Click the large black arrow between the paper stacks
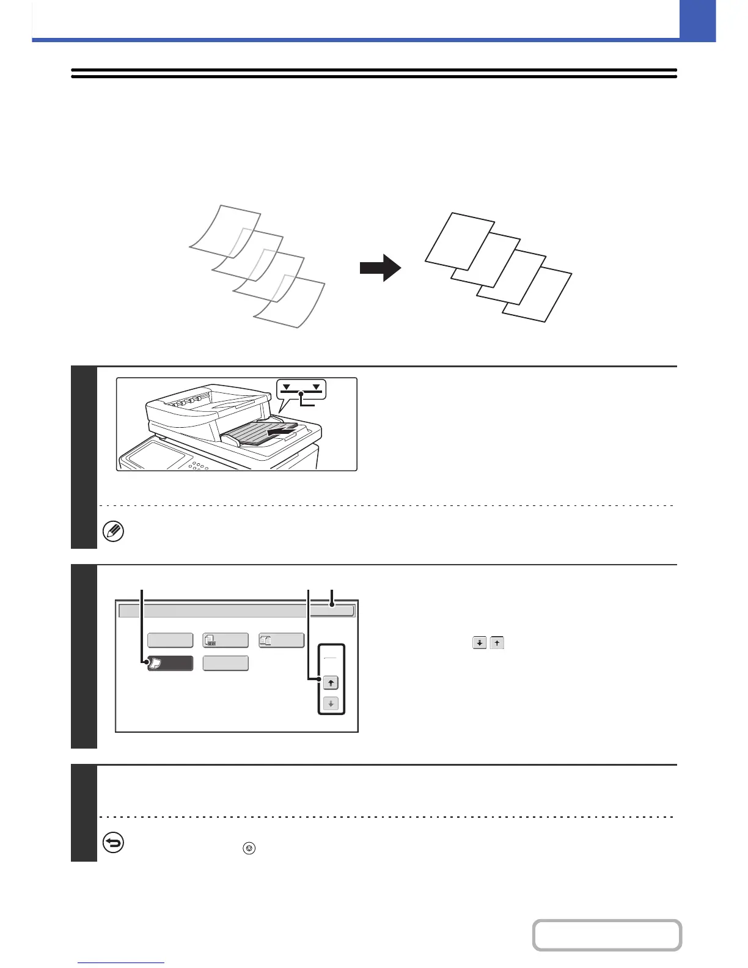pyautogui.click(x=380, y=268)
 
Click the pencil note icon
pyautogui.click(x=113, y=532)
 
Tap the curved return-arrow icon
pyautogui.click(x=113, y=843)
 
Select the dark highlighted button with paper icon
pyautogui.click(x=170, y=664)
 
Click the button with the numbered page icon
pyautogui.click(x=226, y=640)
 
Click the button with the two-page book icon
pyautogui.click(x=281, y=640)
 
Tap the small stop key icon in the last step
pyautogui.click(x=249, y=848)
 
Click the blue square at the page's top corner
pyautogui.click(x=697, y=20)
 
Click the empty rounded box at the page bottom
pyautogui.click(x=607, y=935)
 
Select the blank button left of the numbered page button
pyautogui.click(x=170, y=640)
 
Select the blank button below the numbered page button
pyautogui.click(x=226, y=664)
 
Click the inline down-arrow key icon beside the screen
pyautogui.click(x=479, y=643)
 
